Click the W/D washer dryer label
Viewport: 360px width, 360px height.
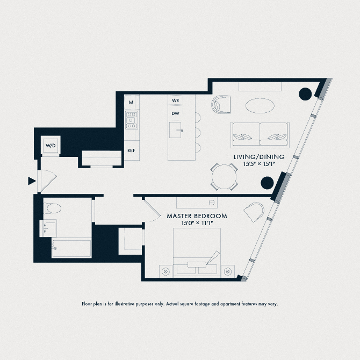pyautogui.click(x=50, y=146)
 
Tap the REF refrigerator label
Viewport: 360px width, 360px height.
pyautogui.click(x=131, y=151)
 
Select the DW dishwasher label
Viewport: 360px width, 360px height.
pyautogui.click(x=175, y=113)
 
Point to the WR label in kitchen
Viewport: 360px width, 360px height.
pyautogui.click(x=175, y=100)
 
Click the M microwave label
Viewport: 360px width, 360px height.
pyautogui.click(x=131, y=101)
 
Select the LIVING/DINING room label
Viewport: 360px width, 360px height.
pyautogui.click(x=258, y=157)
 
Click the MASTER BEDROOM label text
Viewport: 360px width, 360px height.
pyautogui.click(x=197, y=215)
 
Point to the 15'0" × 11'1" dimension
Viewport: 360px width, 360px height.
pyautogui.click(x=197, y=223)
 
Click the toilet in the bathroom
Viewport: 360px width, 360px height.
pyautogui.click(x=52, y=208)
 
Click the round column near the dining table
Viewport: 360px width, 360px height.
pyautogui.click(x=268, y=183)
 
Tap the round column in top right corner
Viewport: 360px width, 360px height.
pyautogui.click(x=305, y=93)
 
